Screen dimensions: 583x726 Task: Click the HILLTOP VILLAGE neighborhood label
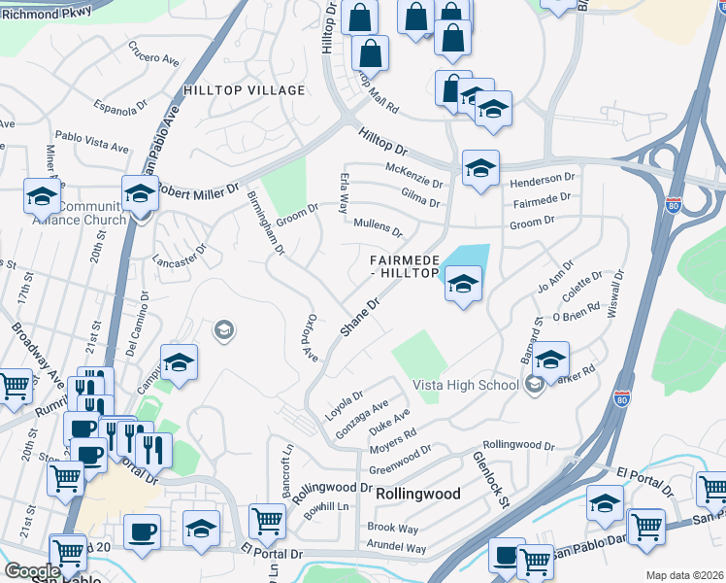(x=244, y=90)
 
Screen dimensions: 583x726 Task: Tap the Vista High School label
(x=466, y=385)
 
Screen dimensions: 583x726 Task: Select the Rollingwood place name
(x=417, y=494)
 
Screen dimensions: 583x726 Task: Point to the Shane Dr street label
(x=357, y=318)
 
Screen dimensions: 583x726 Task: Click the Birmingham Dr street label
(x=265, y=223)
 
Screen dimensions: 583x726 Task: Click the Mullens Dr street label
(x=378, y=229)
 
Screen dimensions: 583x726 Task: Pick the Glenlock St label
(x=491, y=477)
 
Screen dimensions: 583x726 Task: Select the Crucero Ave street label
(x=153, y=59)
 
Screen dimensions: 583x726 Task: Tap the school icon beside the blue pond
(x=463, y=284)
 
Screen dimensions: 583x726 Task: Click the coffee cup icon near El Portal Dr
(x=143, y=532)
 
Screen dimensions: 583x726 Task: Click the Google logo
(x=32, y=571)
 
